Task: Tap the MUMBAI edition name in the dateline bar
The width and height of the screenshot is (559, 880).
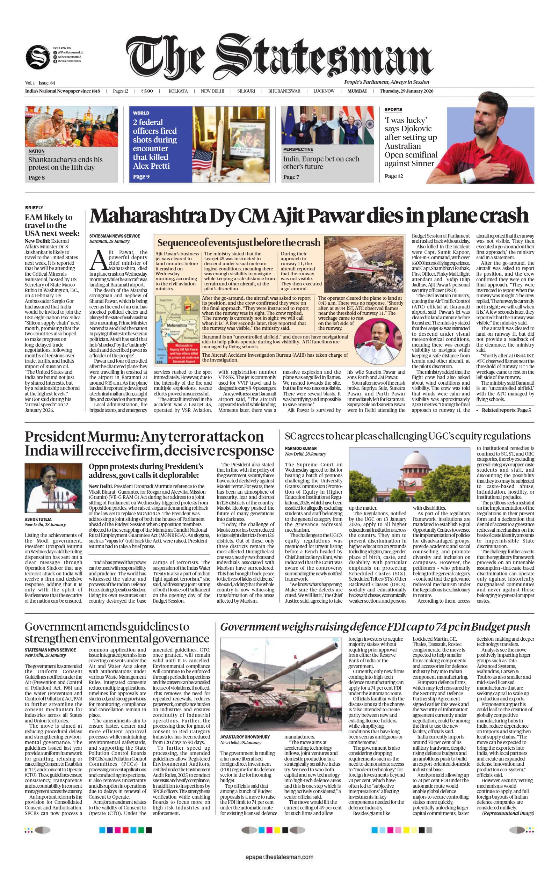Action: click(x=357, y=91)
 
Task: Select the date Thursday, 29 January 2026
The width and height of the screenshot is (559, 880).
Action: click(x=406, y=91)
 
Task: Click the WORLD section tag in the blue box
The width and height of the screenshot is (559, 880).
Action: click(x=141, y=113)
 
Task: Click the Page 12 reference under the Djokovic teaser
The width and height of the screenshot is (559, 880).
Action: click(x=393, y=176)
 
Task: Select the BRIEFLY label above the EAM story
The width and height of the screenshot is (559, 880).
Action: click(x=34, y=208)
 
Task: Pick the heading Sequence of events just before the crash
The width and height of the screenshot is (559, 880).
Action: click(x=238, y=243)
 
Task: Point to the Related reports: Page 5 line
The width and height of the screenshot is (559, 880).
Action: click(x=506, y=410)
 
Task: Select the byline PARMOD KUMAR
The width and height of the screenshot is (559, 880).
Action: click(x=300, y=449)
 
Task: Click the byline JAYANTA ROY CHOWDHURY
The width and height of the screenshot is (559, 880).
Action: click(x=245, y=737)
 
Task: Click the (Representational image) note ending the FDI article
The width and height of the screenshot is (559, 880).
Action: click(x=508, y=813)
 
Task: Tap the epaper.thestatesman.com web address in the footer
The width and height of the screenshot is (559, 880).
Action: click(x=279, y=857)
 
